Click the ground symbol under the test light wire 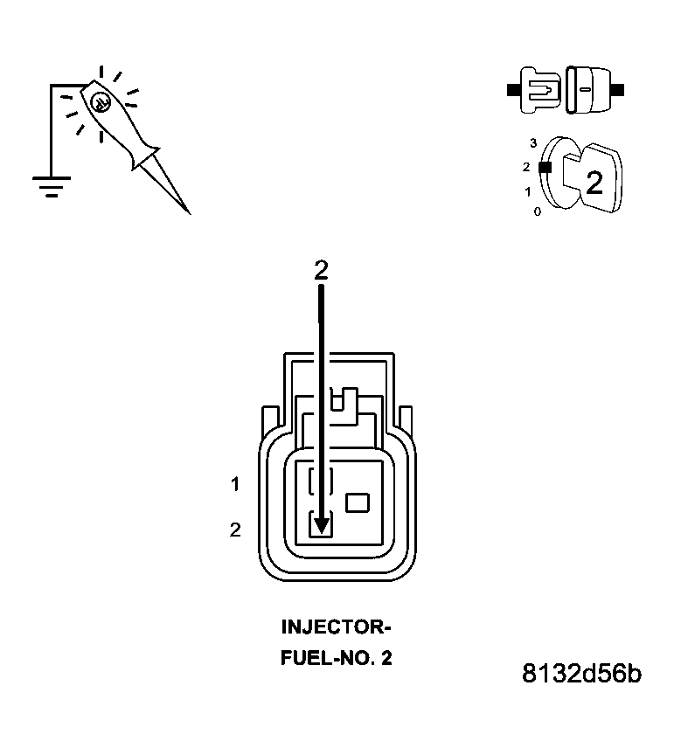click(51, 184)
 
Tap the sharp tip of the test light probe click(188, 211)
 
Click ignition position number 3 click(533, 142)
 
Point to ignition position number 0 click(537, 211)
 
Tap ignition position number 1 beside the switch click(527, 190)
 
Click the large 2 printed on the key click(594, 183)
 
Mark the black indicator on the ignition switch click(545, 166)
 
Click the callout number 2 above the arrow click(321, 270)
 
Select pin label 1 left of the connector click(234, 483)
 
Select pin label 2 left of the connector click(234, 530)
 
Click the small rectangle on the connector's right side click(358, 502)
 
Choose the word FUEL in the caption click(302, 658)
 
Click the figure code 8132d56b click(581, 675)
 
